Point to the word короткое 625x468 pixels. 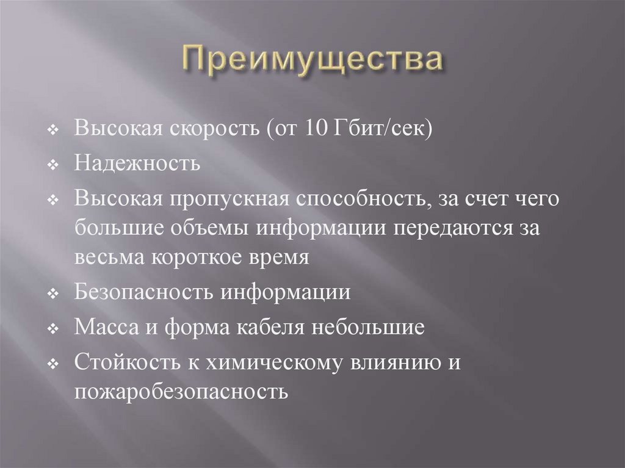tap(198, 257)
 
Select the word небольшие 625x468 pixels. tap(368, 327)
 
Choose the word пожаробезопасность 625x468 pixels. tap(181, 391)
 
